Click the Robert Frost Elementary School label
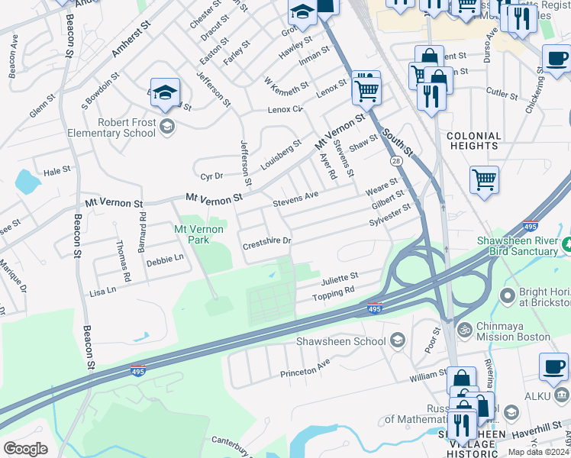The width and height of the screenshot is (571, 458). (126, 127)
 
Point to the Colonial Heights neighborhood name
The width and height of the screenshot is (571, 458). (473, 141)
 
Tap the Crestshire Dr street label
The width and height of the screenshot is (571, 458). (267, 243)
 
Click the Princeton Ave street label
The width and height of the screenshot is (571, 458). (305, 367)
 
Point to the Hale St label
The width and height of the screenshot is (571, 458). (57, 172)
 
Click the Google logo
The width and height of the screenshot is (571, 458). (25, 449)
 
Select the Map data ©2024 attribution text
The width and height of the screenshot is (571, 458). (538, 452)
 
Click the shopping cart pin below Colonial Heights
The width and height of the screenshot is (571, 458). (484, 180)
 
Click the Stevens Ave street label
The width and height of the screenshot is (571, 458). (295, 200)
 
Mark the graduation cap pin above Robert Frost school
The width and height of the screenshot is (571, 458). (165, 93)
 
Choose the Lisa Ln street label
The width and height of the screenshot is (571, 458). (103, 290)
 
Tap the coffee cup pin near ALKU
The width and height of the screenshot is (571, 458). (553, 367)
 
